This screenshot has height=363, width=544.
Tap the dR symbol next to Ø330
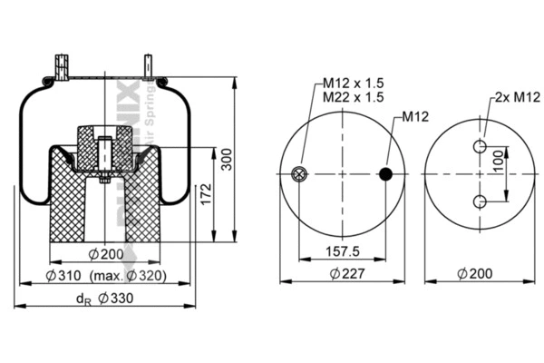coord(83,299)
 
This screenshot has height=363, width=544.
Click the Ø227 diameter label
coord(342,273)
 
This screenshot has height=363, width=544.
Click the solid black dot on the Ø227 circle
coord(388,174)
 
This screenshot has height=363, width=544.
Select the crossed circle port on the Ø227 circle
coord(298,174)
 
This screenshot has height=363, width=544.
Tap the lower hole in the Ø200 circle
coord(480,201)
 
